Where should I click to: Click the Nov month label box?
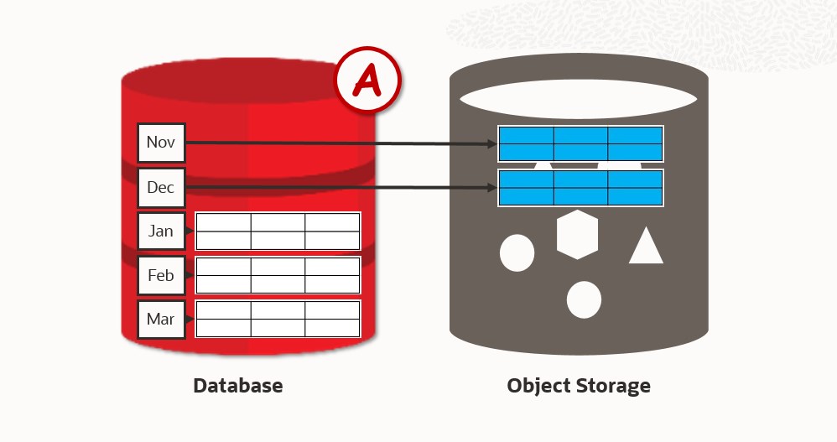point(160,143)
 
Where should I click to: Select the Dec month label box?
point(160,187)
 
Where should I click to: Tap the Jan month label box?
point(160,231)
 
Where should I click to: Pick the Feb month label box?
point(160,275)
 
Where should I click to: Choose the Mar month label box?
point(160,319)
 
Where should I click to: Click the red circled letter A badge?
point(368,81)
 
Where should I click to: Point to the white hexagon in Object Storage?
point(577,235)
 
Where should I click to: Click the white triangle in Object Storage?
point(646,246)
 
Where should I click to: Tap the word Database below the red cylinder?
point(238,386)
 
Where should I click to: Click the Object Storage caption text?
point(579,386)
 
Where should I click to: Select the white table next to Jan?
point(278,231)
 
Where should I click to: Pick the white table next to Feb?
point(278,275)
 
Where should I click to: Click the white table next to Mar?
point(278,319)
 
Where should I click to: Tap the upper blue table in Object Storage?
point(580,143)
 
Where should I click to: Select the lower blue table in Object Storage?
point(580,187)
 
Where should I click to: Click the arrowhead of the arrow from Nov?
point(492,144)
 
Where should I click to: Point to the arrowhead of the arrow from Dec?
point(492,188)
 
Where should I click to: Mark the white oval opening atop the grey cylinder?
point(579,99)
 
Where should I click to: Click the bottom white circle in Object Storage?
point(584,299)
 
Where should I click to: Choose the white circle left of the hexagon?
point(517,252)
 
